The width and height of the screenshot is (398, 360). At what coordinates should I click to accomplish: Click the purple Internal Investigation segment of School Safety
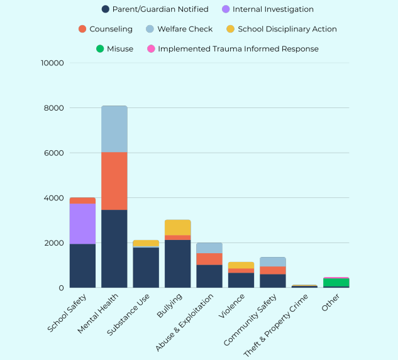coord(82,224)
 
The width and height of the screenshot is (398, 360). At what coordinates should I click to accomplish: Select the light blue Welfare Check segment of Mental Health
coord(114,129)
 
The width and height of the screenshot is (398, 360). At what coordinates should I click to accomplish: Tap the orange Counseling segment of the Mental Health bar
coord(114,181)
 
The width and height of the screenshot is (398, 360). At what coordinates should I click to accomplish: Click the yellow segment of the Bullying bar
coord(178,227)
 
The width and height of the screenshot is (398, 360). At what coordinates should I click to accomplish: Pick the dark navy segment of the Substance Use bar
coord(146,268)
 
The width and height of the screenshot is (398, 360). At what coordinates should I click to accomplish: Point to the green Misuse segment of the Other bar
coord(336,282)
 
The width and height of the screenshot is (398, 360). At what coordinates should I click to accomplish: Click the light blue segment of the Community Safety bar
coord(273,261)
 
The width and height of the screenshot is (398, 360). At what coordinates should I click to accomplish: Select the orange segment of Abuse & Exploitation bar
coord(209,259)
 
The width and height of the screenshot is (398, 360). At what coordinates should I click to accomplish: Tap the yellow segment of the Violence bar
coord(241,265)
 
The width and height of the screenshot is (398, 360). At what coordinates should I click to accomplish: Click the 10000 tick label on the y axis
coord(52,63)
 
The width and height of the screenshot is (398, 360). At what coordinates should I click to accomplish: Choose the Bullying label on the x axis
coord(168,305)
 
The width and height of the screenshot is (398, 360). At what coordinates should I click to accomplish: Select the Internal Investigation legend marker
coord(226,9)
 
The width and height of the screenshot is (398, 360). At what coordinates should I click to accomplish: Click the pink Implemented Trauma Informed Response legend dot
coord(150,48)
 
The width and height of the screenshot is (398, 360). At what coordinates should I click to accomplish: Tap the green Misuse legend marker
coord(99,48)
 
